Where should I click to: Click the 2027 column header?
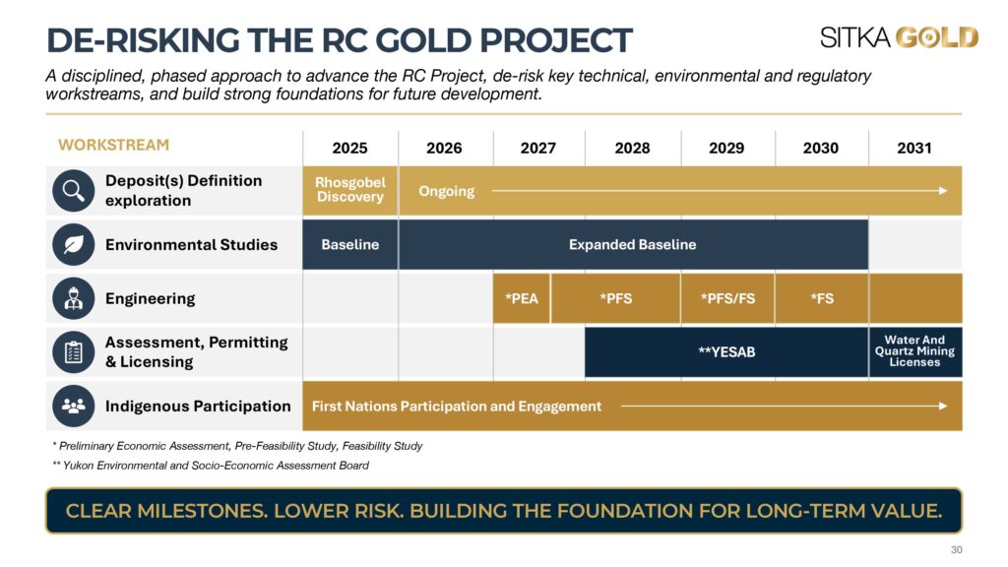(538, 148)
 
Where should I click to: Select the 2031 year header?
(914, 148)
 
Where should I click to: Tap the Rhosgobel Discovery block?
(350, 190)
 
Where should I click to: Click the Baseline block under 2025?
(350, 244)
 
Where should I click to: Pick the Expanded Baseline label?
(633, 244)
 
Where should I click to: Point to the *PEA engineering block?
(522, 298)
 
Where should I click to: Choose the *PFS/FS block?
(727, 298)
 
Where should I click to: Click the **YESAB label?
(726, 352)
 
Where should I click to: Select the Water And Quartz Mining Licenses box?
(915, 351)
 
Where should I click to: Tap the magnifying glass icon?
(73, 191)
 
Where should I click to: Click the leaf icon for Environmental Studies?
(73, 244)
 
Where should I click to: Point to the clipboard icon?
(73, 352)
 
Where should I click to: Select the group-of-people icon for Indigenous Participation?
(73, 406)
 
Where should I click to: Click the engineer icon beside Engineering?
(73, 298)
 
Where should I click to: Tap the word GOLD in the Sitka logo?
(937, 37)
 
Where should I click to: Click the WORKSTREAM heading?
(114, 145)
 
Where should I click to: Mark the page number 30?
(957, 549)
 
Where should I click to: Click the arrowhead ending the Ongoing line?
(943, 191)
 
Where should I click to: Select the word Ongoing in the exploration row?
(447, 192)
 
